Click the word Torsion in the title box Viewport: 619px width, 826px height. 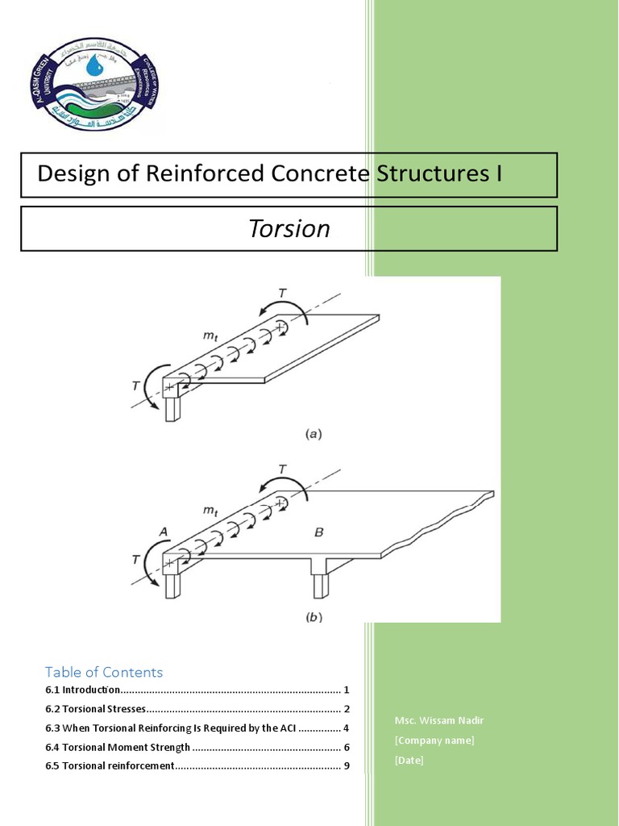[x=289, y=229]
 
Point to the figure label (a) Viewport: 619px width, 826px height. [x=314, y=434]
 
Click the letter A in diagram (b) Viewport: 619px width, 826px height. [x=164, y=532]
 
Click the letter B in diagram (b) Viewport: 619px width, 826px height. [x=318, y=532]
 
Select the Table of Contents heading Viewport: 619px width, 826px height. [x=104, y=672]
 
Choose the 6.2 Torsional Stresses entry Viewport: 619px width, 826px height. [x=96, y=709]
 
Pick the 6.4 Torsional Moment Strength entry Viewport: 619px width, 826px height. [x=118, y=747]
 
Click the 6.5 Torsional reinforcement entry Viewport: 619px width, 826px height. [x=110, y=766]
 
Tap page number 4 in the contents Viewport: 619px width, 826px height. [x=346, y=728]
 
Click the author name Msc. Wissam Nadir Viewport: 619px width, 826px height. [x=439, y=720]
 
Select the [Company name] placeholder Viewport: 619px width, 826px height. [x=434, y=740]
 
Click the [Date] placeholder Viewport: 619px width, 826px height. [x=409, y=760]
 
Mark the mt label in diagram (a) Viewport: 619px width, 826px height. [x=212, y=333]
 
